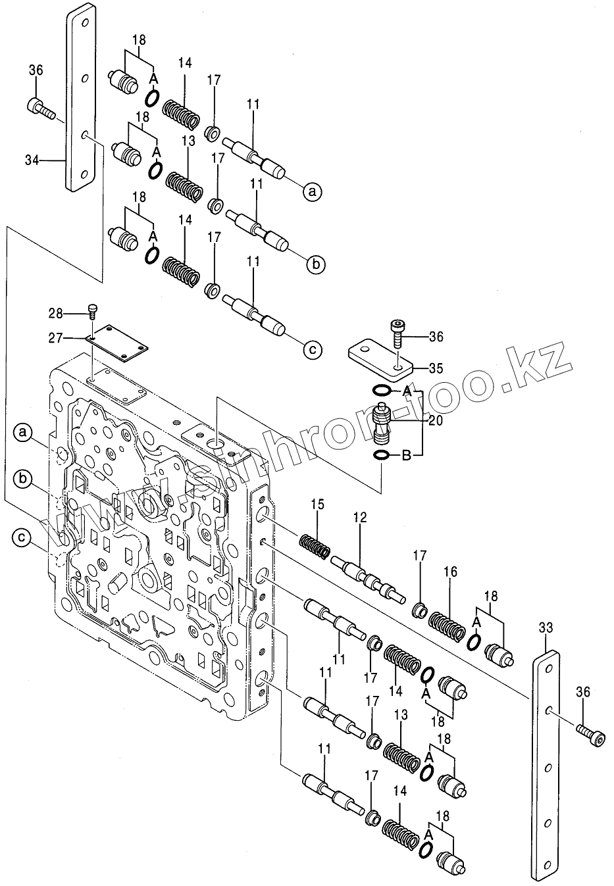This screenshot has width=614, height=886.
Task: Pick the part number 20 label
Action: coord(436,422)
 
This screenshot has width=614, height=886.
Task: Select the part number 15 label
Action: coord(318,505)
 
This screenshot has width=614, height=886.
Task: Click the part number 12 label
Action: coord(360,518)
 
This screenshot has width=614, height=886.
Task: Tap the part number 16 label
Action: coord(450,572)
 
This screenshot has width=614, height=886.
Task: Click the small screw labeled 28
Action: coord(93,310)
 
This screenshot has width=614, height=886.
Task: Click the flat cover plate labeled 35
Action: coord(380,358)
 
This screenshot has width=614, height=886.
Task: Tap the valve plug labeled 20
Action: coord(381,424)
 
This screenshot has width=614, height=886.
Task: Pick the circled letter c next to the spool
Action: coord(313,349)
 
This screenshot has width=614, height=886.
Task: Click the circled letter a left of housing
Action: coord(23,432)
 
